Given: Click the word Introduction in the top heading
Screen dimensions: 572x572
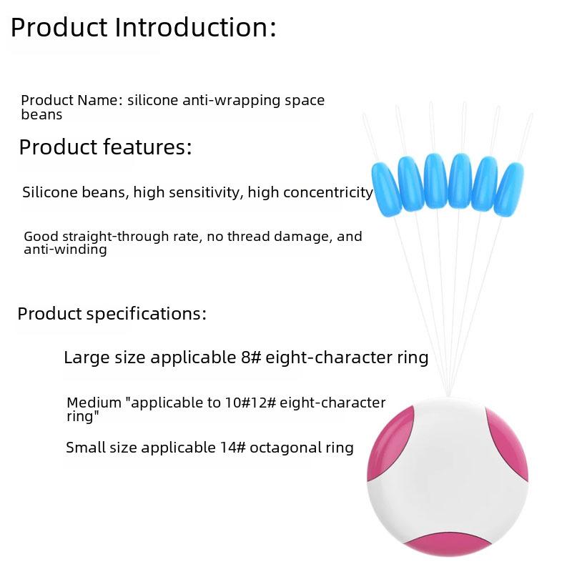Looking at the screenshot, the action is (x=195, y=27).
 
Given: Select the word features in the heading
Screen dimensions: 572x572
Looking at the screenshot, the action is (x=147, y=147).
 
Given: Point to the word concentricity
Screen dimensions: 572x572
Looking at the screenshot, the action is (x=328, y=192).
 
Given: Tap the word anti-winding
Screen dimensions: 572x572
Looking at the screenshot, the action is (x=65, y=250).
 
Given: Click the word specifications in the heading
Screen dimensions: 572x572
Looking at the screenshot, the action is (x=146, y=314).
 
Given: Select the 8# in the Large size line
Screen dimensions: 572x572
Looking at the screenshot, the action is (x=251, y=357).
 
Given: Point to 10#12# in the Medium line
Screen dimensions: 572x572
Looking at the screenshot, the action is (x=250, y=403).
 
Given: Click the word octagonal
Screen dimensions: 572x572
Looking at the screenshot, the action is (x=285, y=448).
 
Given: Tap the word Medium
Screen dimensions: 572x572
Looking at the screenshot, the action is (x=94, y=403).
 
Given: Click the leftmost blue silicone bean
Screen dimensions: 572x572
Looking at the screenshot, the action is (x=386, y=189).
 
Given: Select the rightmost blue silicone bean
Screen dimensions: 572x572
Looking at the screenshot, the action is (x=509, y=189).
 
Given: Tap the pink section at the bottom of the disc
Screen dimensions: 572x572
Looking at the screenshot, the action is (x=448, y=544).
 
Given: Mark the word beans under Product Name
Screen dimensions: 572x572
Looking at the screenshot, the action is (x=41, y=114).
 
